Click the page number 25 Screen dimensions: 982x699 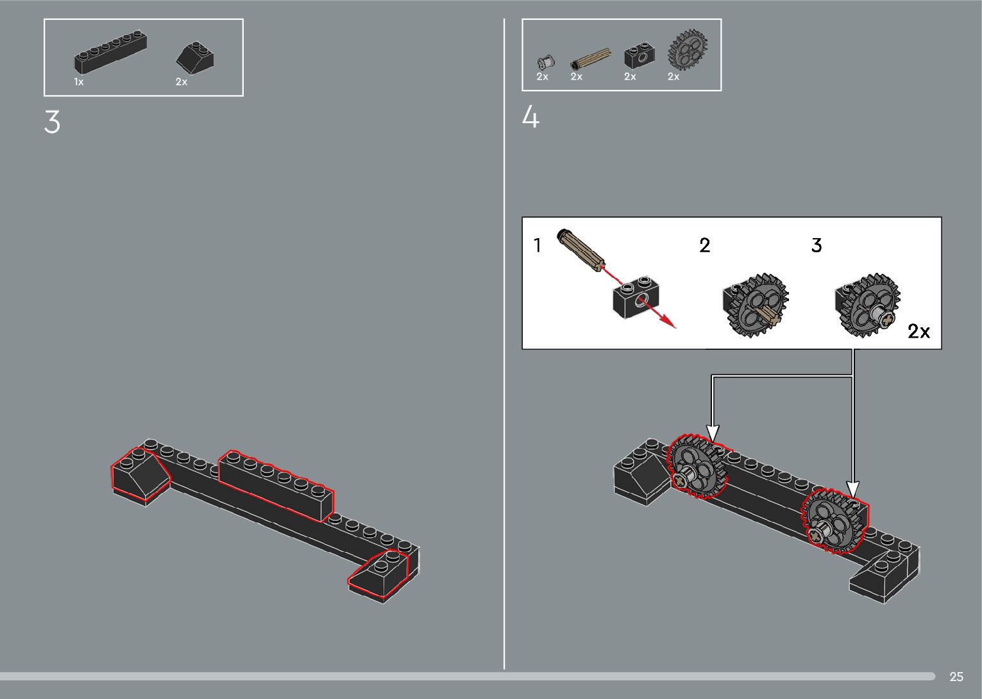[x=956, y=677]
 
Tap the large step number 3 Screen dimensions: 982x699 [x=52, y=121]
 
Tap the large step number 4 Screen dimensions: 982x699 [x=530, y=117]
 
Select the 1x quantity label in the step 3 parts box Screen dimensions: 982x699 [x=79, y=82]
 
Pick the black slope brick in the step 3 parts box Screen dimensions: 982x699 [x=195, y=57]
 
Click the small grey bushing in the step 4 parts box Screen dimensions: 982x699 [x=546, y=62]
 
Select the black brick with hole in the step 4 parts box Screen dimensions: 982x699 [x=639, y=55]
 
